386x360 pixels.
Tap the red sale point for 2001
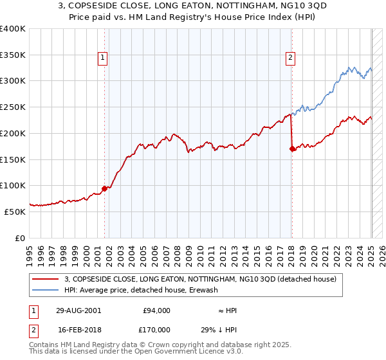coord(104,188)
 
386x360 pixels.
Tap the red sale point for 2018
coord(293,148)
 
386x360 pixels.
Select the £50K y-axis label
coord(15,211)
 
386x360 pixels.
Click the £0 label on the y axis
coord(21,237)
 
